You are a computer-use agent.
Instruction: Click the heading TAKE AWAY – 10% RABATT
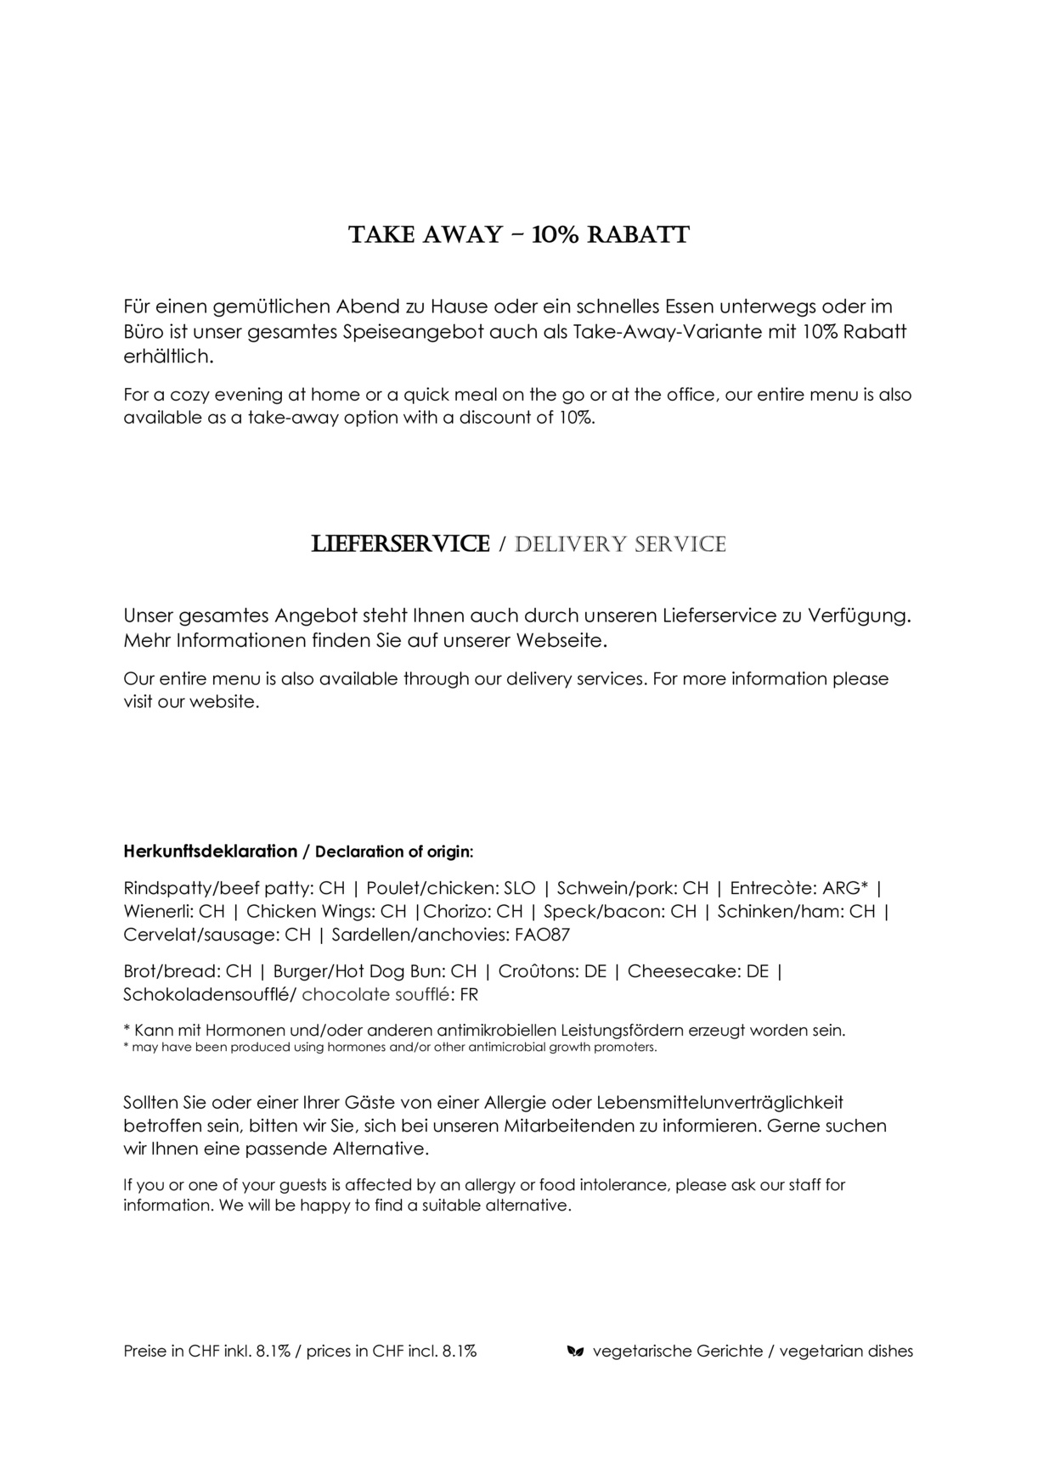519,234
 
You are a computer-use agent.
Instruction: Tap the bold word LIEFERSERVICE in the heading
401,544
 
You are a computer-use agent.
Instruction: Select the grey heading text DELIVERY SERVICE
620,544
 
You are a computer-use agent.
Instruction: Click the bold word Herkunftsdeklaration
210,851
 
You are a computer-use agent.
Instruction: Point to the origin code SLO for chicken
520,888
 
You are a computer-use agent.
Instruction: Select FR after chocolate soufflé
469,994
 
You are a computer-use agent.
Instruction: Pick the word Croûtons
533,971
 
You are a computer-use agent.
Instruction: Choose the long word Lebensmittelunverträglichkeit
720,1103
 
